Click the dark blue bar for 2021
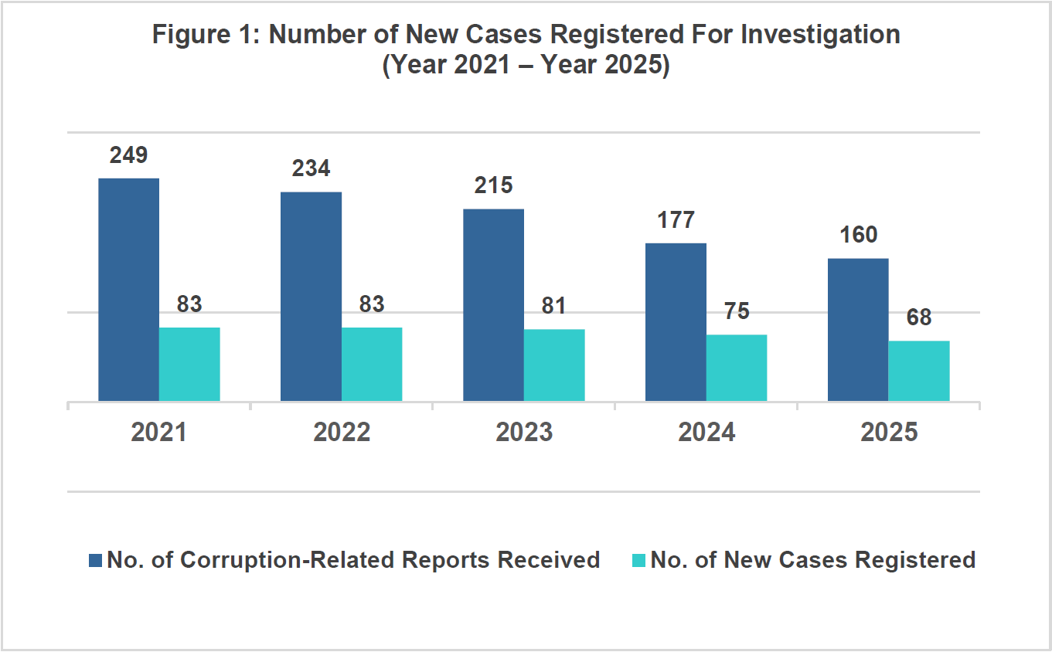click(128, 290)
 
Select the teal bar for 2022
click(372, 364)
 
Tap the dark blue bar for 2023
click(493, 305)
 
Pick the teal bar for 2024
click(737, 368)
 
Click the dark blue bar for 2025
click(858, 330)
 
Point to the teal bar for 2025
click(919, 371)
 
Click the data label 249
click(128, 155)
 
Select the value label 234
click(311, 168)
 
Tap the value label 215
click(493, 185)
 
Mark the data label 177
click(676, 220)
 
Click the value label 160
click(858, 235)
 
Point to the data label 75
click(737, 311)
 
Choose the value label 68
click(919, 318)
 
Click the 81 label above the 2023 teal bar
click(554, 306)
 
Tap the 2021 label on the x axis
click(158, 432)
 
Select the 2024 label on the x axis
click(706, 432)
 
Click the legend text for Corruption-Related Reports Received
click(353, 559)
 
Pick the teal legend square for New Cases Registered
click(638, 560)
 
